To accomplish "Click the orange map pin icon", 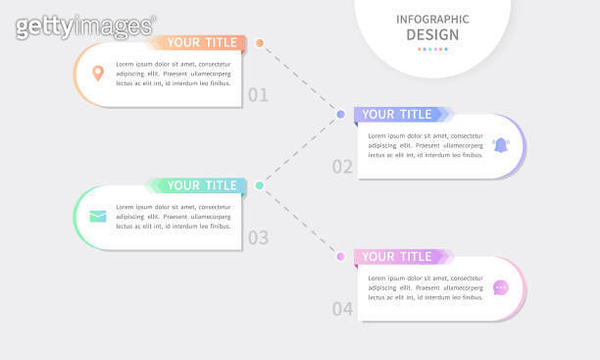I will tap(98, 73).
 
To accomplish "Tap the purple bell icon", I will tap(501, 145).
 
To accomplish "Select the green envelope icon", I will tap(98, 216).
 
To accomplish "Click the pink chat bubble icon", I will tap(501, 287).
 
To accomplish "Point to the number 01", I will tap(258, 95).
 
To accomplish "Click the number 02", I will tap(342, 167).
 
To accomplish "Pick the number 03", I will tap(258, 237).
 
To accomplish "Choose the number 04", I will tap(342, 309).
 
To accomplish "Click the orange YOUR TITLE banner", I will tap(200, 42).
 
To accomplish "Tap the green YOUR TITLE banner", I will tap(200, 185).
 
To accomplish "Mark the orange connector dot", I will tap(260, 42).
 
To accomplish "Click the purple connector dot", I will tap(340, 114).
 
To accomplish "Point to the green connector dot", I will tap(259, 185).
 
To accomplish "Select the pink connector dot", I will tap(340, 257).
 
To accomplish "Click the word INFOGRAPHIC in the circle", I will tap(432, 20).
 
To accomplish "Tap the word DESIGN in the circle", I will tap(432, 35).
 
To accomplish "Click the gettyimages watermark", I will tap(85, 26).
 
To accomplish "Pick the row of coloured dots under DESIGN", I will tap(432, 49).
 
